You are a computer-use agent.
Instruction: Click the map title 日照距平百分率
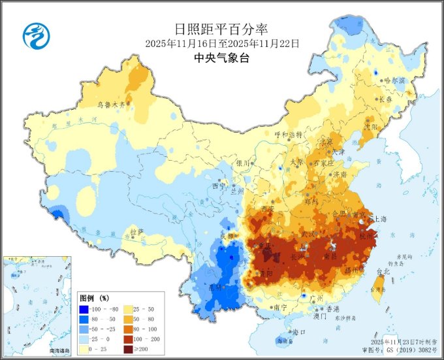[x=221, y=29]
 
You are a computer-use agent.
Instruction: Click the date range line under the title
[x=222, y=43]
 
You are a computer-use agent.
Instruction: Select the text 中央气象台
[x=221, y=57]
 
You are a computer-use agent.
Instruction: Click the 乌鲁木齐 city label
[x=110, y=104]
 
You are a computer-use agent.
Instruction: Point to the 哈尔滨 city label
[x=394, y=80]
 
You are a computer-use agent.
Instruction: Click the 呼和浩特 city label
[x=288, y=134]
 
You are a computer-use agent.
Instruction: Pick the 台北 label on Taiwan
[x=383, y=270]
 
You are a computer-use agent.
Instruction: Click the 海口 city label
[x=300, y=332]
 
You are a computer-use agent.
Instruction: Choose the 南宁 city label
[x=281, y=306]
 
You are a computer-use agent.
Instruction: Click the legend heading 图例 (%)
[x=94, y=297]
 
